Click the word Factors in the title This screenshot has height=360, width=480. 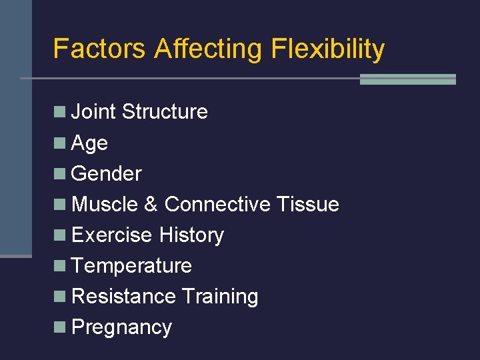tap(99, 49)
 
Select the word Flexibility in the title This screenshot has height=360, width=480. tap(327, 49)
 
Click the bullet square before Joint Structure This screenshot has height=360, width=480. tap(60, 111)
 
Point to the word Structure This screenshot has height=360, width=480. tap(165, 112)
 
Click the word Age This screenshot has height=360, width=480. tap(89, 143)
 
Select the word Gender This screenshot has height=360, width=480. tap(106, 174)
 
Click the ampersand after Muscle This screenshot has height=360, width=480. tap(151, 204)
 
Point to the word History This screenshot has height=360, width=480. tap(191, 235)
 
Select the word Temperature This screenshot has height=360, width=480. tap(131, 266)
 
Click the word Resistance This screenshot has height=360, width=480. tap(123, 297)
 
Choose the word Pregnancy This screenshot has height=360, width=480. tap(121, 327)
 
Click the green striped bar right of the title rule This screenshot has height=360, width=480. tap(407, 79)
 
